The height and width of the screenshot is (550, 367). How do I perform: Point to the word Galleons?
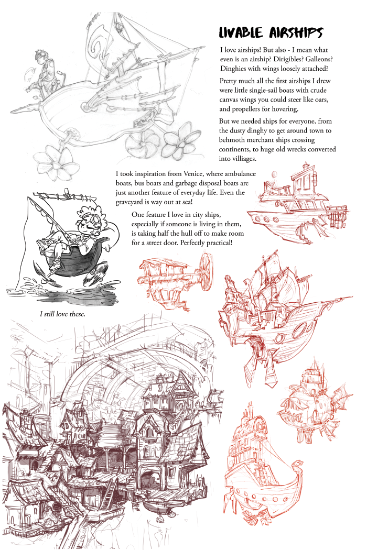pos(319,59)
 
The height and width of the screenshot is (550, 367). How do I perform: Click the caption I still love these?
pos(62,314)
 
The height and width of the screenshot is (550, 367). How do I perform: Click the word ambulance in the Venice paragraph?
pos(240,173)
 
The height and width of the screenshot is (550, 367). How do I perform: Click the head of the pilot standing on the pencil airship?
pos(40,57)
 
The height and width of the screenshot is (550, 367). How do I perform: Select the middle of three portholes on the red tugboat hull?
pos(266,219)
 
